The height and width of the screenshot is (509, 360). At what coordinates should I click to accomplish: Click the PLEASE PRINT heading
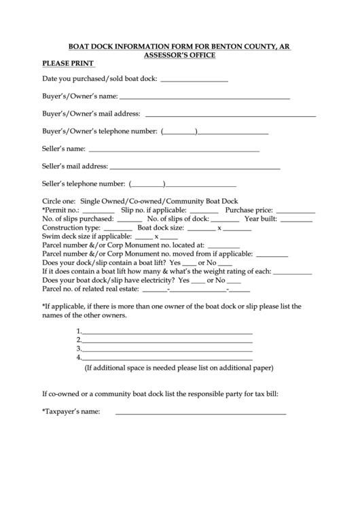coord(68,64)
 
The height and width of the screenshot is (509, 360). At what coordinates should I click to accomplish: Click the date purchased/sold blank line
coord(194,81)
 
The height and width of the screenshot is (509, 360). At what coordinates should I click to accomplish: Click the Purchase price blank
coord(295,212)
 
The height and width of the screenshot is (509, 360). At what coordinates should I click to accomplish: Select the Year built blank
coord(296,221)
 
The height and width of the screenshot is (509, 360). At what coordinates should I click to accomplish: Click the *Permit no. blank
coord(98,212)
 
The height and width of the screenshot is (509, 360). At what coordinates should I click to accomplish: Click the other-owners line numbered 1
coord(168,333)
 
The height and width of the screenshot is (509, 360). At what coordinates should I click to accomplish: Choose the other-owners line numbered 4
coord(168,359)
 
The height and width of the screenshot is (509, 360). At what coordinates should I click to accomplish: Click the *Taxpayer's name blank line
coord(200,413)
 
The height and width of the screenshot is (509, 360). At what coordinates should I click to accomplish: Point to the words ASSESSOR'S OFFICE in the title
coord(180,54)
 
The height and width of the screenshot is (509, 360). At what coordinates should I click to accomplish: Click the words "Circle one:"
coord(59,202)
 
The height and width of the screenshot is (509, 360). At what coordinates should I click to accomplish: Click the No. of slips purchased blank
coord(129,221)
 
